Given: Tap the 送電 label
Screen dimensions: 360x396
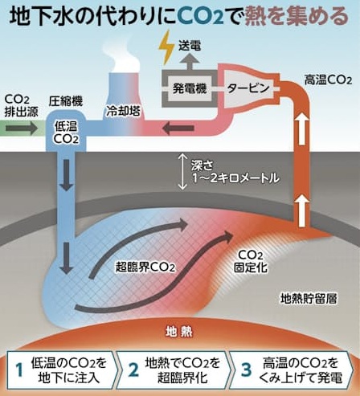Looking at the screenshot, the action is click(x=190, y=46).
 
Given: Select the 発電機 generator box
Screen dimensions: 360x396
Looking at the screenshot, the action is click(x=190, y=88).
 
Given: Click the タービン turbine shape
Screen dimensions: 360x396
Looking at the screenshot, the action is click(x=248, y=88).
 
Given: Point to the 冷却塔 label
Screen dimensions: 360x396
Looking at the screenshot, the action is click(x=123, y=111).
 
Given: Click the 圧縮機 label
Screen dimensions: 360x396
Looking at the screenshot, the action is click(x=66, y=101).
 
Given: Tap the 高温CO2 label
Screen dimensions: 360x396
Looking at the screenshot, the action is click(x=328, y=80).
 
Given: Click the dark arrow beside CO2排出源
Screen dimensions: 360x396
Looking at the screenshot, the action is click(x=22, y=128).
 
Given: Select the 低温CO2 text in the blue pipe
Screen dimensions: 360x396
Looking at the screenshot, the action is click(x=66, y=133).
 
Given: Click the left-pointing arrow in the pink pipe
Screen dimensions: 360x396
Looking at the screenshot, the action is click(x=178, y=129).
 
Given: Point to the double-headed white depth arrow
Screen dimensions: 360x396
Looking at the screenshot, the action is click(x=182, y=171).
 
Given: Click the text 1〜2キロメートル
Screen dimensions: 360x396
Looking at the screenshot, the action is click(x=236, y=178).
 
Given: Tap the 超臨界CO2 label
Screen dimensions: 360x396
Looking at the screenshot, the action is click(x=145, y=267).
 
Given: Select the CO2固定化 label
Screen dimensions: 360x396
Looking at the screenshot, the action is click(x=251, y=261).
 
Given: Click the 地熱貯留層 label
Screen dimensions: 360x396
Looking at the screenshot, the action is click(x=309, y=299).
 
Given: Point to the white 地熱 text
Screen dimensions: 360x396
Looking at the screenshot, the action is click(x=178, y=332).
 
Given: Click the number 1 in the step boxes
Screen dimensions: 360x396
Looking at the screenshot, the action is click(x=19, y=370).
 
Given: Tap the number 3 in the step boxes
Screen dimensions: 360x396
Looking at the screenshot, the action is click(x=246, y=369).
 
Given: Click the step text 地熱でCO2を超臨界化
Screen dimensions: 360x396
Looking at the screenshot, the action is click(x=182, y=370).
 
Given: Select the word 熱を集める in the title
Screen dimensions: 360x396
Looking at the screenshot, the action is click(x=297, y=17).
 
